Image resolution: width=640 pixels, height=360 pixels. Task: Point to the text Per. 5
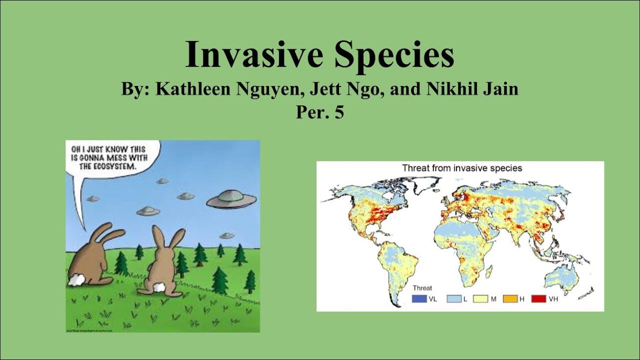(320, 112)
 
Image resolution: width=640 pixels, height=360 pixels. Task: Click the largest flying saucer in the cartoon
(231, 199)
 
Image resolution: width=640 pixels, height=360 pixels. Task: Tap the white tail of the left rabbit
(76, 280)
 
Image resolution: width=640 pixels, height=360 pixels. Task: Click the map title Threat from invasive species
(462, 168)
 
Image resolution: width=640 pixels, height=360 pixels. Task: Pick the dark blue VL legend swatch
(419, 299)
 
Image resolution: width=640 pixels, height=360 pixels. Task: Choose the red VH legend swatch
(538, 299)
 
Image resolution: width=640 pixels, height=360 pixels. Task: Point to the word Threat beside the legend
(422, 288)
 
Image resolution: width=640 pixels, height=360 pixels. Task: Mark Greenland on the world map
(422, 187)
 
